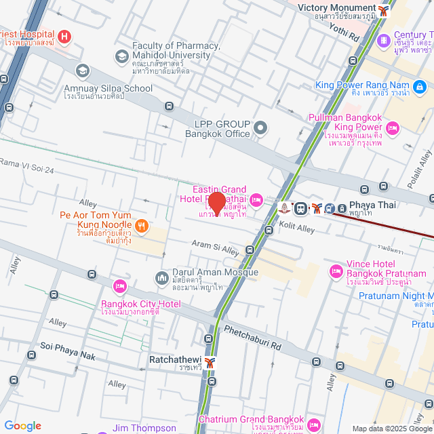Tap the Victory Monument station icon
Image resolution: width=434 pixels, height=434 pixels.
[385, 9]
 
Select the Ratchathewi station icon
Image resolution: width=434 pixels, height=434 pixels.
[210, 362]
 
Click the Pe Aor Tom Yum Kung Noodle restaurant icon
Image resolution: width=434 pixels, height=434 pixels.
[142, 225]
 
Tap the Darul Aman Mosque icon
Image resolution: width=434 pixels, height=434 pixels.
[161, 278]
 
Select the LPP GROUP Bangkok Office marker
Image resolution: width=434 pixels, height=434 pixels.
[260, 127]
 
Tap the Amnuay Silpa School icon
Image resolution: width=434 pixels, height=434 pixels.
[82, 71]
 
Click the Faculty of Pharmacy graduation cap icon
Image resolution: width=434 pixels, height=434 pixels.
[122, 56]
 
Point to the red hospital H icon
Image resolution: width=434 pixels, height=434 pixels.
[64, 37]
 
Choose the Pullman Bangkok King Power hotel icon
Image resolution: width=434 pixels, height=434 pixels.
[392, 127]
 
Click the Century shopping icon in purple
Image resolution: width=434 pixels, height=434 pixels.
[384, 40]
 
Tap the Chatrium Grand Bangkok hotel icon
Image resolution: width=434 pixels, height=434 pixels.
[313, 425]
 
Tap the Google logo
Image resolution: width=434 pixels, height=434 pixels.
[22, 426]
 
